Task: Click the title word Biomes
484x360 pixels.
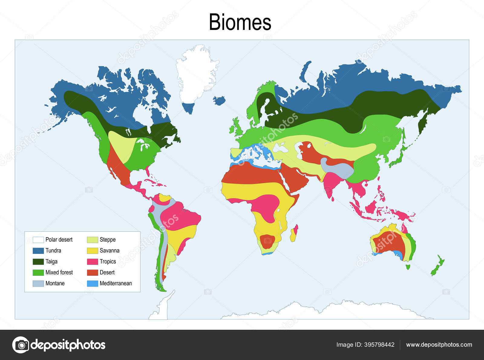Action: pos(240,22)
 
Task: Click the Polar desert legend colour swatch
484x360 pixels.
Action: pos(38,240)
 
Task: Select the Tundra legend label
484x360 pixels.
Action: pos(53,250)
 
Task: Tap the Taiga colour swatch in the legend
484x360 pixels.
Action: pos(38,262)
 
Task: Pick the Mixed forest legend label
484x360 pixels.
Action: pos(59,272)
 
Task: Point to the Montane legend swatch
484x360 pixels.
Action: pos(38,283)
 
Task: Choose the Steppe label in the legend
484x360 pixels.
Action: pos(108,240)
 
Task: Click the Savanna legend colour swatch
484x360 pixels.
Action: pos(93,250)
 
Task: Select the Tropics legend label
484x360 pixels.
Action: pos(108,261)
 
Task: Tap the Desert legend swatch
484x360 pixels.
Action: pos(93,273)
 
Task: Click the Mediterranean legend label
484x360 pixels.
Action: pos(116,283)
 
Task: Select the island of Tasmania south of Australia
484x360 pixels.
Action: pos(408,267)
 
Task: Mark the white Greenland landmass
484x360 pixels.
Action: pos(197,76)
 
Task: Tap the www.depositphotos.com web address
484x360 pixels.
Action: pos(439,345)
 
